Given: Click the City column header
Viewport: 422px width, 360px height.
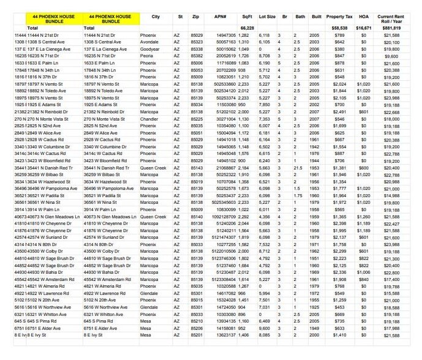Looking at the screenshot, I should point(156,17).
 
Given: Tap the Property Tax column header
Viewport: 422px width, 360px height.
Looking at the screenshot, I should point(339,17).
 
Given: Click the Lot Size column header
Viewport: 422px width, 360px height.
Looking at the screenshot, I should point(267,17).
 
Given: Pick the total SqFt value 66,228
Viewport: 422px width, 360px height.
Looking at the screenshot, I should point(247,28).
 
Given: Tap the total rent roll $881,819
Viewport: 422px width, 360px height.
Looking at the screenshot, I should point(391,28).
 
